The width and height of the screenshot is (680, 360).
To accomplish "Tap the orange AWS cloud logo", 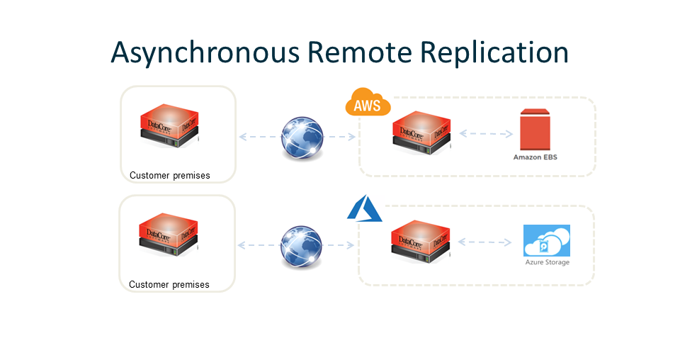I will click(x=368, y=103).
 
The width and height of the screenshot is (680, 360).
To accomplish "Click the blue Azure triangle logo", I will click(x=364, y=210).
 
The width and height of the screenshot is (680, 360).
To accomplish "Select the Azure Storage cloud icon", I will click(x=546, y=240).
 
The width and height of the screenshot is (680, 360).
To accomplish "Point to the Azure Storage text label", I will click(x=546, y=263).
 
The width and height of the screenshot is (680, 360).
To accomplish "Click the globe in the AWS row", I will click(x=302, y=136).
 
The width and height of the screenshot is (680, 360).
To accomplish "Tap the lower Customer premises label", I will click(x=169, y=285).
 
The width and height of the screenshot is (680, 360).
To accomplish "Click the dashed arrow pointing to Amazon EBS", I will click(x=485, y=133).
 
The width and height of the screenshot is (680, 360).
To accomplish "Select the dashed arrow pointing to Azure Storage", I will click(x=484, y=242).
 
